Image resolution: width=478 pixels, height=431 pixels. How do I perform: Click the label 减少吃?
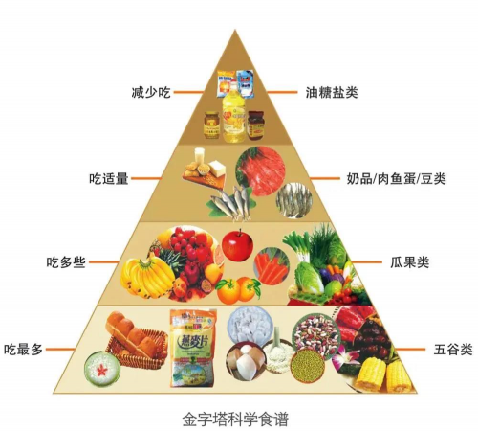[x=151, y=93]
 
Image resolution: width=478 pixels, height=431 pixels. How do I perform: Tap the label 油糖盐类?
[x=332, y=93]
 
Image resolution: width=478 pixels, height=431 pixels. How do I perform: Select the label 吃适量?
[x=109, y=178]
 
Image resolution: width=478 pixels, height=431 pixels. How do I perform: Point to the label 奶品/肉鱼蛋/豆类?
[x=396, y=179]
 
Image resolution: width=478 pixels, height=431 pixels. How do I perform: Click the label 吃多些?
[x=66, y=262]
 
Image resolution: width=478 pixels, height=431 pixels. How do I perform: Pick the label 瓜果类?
[x=410, y=262]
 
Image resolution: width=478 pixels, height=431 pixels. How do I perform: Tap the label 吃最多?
[x=23, y=350]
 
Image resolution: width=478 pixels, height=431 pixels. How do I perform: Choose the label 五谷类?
[x=453, y=350]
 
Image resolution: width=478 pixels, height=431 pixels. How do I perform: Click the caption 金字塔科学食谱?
[x=235, y=420]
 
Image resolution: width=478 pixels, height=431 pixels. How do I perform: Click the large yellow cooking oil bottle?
[x=234, y=112]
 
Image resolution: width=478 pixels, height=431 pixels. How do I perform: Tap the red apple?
[x=237, y=245]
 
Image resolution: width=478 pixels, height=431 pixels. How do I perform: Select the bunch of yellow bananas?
[x=145, y=276]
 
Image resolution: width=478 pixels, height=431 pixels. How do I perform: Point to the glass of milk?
[x=200, y=155]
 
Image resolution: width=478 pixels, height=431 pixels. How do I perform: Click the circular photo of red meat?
[x=260, y=171]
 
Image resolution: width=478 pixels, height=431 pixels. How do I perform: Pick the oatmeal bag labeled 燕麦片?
[x=192, y=348]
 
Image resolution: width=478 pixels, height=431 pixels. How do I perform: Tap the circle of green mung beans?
[x=308, y=366]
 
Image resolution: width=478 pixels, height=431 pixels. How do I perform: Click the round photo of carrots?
[x=272, y=266]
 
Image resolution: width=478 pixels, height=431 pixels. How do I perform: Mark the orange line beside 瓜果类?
[x=366, y=262]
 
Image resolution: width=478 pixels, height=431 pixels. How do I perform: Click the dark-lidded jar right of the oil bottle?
[x=256, y=125]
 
